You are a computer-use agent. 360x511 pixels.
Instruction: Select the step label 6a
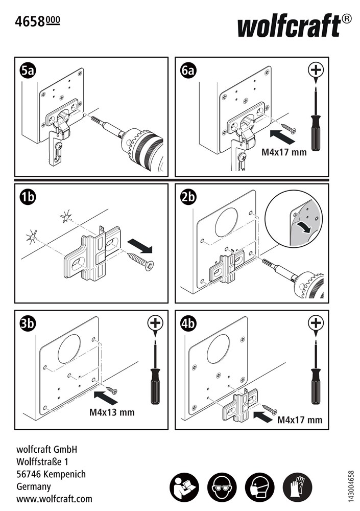188,71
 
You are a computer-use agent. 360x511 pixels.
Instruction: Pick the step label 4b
188,323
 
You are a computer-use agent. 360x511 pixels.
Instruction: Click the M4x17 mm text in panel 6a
284,152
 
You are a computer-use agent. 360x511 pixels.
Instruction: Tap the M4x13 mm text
112,412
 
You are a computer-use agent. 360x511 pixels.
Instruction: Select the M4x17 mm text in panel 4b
300,420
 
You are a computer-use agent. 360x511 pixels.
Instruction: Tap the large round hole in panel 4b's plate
218,351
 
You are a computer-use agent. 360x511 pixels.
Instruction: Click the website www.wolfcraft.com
55,498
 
